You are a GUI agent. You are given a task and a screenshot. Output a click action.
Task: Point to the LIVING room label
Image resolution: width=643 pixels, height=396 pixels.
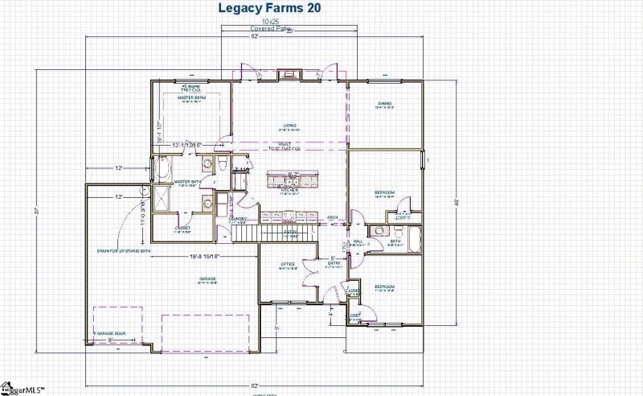289,126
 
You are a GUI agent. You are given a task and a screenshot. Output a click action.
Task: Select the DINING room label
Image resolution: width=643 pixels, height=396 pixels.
385,104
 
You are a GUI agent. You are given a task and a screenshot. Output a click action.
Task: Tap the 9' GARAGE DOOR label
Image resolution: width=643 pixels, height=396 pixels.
110,332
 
